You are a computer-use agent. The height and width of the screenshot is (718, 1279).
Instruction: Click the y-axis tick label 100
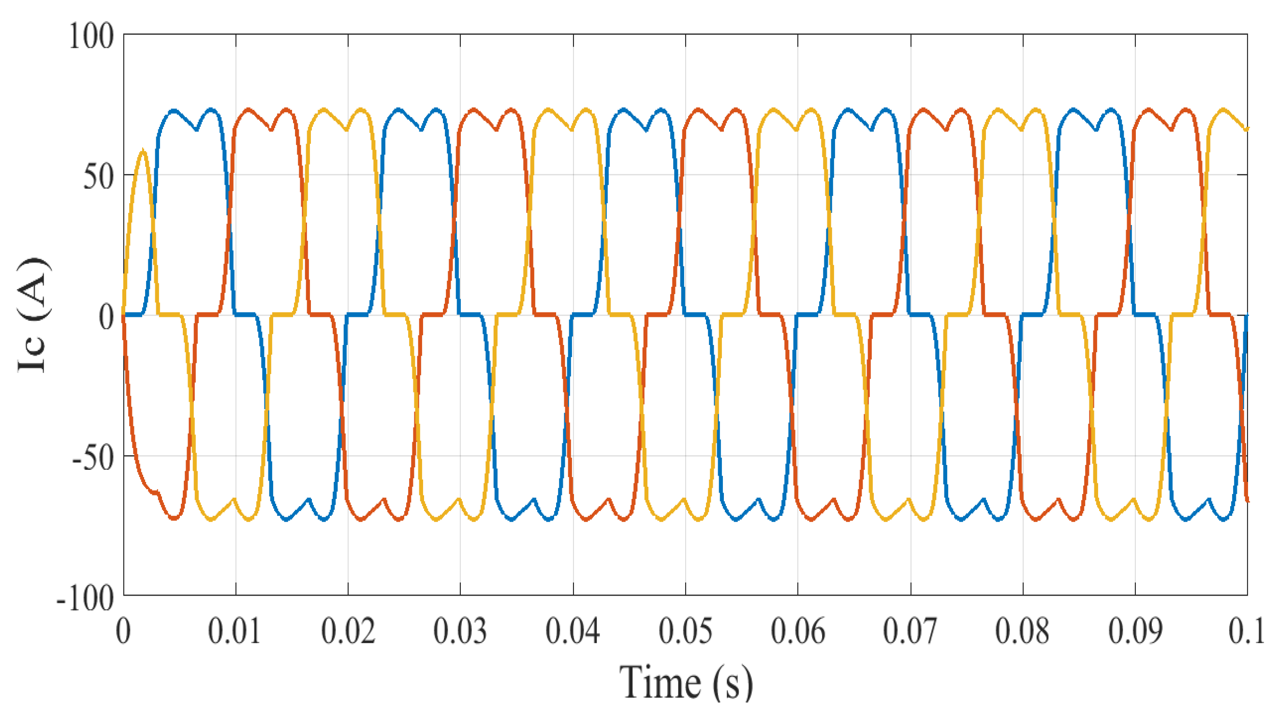tap(91, 36)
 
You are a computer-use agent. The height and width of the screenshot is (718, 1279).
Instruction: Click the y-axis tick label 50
tap(99, 177)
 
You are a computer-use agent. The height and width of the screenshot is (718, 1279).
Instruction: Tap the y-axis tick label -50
tap(93, 458)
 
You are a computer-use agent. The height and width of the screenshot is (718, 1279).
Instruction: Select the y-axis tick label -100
tap(86, 598)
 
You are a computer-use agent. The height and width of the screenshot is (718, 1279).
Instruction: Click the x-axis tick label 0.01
tap(235, 631)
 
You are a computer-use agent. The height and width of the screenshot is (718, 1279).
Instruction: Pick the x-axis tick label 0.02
tap(348, 631)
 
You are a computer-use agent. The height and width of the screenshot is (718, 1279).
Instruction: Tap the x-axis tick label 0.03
tap(460, 631)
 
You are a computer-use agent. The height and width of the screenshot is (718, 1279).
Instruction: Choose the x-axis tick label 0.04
tap(573, 631)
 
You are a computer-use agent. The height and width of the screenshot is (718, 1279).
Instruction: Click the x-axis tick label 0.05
tap(685, 631)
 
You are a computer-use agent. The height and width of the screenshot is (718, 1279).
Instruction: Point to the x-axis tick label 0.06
tap(798, 631)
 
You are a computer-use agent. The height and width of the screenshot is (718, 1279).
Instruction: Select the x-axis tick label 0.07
tap(910, 631)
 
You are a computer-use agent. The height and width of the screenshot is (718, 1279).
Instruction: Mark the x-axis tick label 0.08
tap(1023, 631)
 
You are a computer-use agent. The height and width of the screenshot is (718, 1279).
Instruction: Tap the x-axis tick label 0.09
tap(1135, 631)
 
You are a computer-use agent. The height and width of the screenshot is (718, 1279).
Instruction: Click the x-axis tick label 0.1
tap(1246, 631)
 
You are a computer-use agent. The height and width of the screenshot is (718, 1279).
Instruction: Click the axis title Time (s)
tap(686, 683)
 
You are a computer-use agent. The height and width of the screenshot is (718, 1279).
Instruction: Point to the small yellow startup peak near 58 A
tap(143, 151)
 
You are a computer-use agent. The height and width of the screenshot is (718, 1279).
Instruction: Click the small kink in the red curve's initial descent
tap(157, 492)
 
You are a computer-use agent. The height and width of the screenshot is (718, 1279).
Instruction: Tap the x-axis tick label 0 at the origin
tap(123, 631)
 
